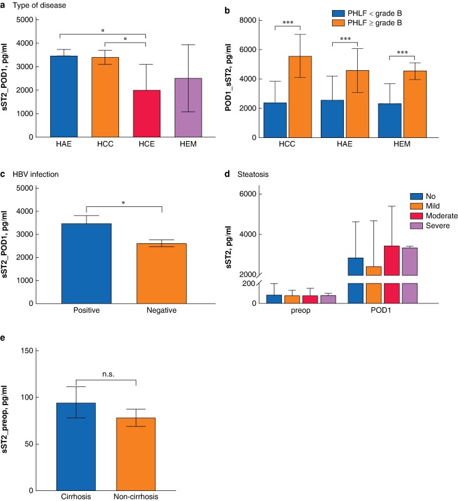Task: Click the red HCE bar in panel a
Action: (147, 113)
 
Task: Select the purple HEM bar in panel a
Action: (188, 108)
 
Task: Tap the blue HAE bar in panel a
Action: (64, 97)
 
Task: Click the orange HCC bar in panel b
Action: (300, 97)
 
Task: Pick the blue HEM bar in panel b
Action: (390, 120)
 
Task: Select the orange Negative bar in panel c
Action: (162, 273)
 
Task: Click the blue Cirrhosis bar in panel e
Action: (76, 446)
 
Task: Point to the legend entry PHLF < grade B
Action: (367, 13)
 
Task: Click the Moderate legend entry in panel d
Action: (434, 216)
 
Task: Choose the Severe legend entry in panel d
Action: (430, 226)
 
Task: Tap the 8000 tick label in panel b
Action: (247, 20)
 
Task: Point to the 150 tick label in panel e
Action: (27, 351)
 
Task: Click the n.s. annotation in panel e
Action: (108, 374)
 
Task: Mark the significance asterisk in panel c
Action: (123, 203)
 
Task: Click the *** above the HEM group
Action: (402, 53)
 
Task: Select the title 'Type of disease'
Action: (39, 6)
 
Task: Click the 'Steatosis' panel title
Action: (252, 174)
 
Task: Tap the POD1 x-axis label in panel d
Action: (381, 310)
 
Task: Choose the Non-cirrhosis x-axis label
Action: (135, 497)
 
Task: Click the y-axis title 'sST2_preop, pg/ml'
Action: (4, 419)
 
